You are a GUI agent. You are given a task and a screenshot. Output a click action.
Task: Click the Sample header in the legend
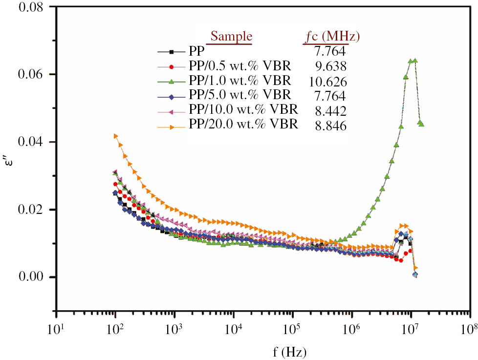231,37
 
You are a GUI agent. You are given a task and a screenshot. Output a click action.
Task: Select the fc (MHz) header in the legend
331,37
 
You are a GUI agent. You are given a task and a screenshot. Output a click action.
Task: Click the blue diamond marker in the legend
171,94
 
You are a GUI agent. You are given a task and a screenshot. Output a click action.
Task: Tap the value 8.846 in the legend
331,126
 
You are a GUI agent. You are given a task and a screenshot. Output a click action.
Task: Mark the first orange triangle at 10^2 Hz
116,136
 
